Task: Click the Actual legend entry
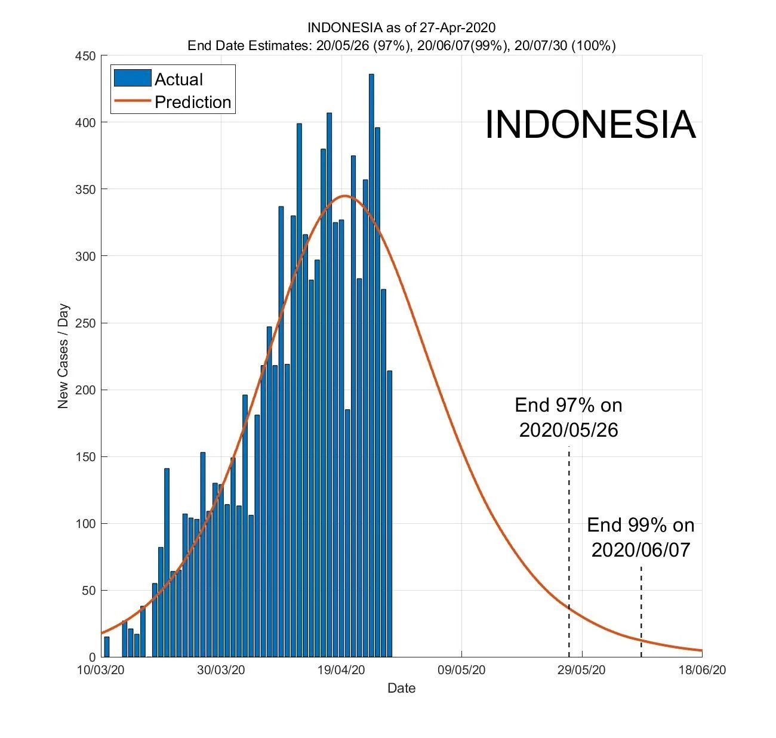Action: (x=178, y=79)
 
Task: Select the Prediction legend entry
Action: (x=192, y=102)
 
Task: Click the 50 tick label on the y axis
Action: (x=88, y=591)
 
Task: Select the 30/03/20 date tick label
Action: (x=221, y=670)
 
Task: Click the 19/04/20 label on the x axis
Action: (x=341, y=670)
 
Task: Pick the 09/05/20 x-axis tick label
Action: (x=461, y=670)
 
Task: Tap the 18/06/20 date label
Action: (x=702, y=670)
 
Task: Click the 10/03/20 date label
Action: (x=101, y=670)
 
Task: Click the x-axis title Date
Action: (x=401, y=688)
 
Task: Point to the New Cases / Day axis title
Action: (x=63, y=357)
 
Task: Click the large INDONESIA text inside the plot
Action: (x=590, y=125)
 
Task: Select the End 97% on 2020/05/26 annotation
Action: (x=568, y=418)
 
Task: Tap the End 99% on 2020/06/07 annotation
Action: (x=640, y=537)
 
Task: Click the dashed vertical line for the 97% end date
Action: (x=569, y=537)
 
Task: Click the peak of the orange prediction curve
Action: (x=345, y=196)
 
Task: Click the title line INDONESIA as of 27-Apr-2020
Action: (x=401, y=28)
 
